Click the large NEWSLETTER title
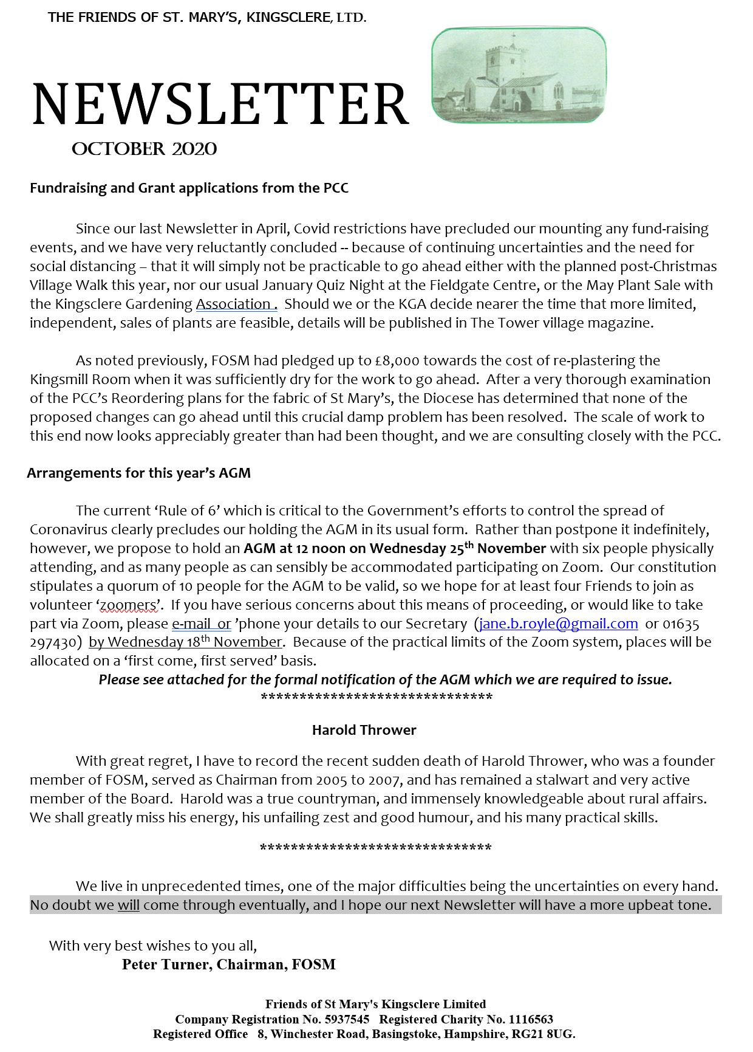click(220, 105)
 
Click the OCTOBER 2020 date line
click(144, 150)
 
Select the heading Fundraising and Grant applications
click(189, 188)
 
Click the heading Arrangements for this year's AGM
click(138, 473)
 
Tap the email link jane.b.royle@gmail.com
click(558, 624)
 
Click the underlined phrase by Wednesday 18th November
click(185, 642)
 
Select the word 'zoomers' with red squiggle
click(128, 605)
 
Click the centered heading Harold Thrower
click(364, 730)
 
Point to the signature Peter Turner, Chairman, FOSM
click(228, 964)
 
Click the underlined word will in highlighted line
click(128, 905)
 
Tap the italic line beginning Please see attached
click(385, 679)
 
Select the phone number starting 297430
click(53, 642)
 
